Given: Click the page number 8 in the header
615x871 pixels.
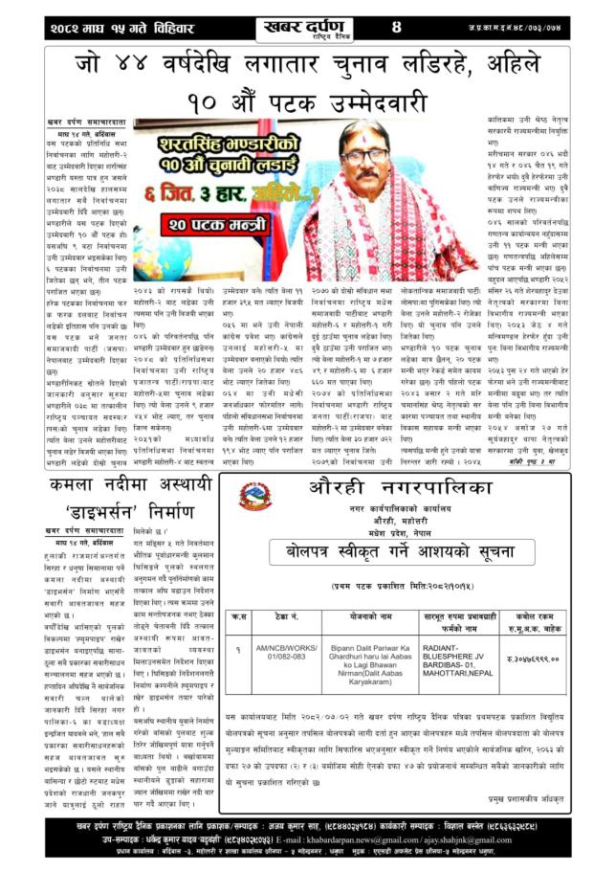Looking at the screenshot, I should (395, 26).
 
